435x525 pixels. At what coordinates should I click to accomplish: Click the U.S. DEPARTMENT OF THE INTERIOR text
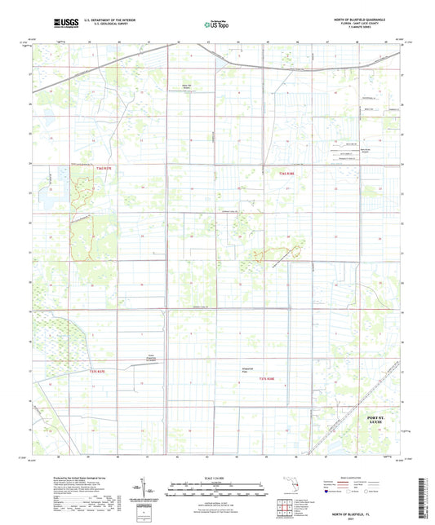click(x=111, y=20)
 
